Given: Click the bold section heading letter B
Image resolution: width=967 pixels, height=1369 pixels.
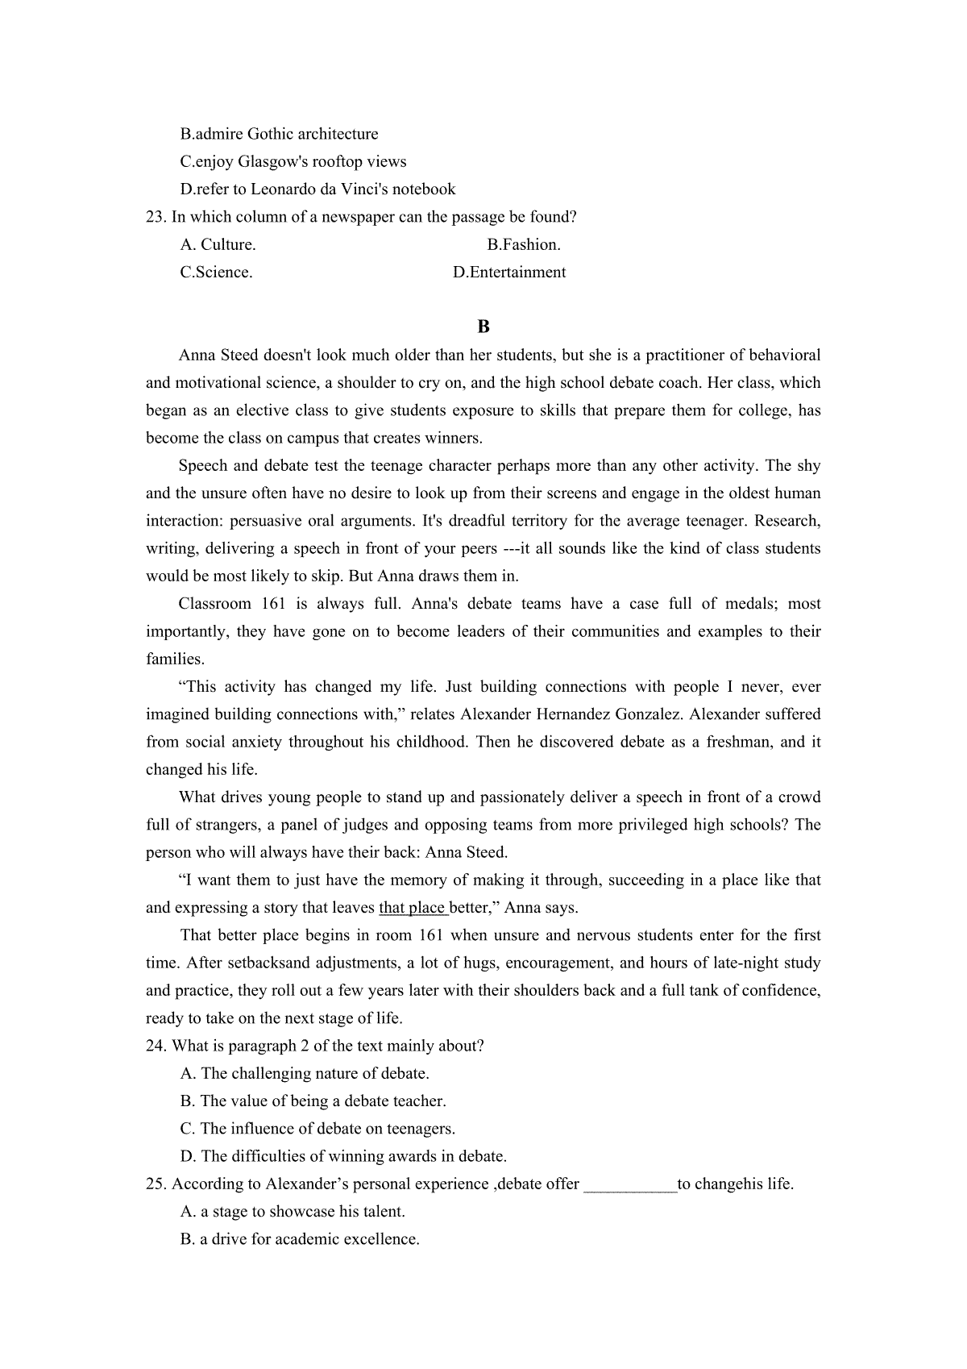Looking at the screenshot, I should click(x=483, y=327).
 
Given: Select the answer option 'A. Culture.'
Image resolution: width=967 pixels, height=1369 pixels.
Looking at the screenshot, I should click(x=218, y=244).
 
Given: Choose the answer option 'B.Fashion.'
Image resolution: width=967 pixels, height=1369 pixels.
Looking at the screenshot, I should click(x=524, y=244).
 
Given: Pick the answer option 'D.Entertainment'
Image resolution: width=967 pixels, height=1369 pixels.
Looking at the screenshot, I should click(x=509, y=272).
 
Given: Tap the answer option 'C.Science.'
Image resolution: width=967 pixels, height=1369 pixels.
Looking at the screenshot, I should click(x=216, y=272).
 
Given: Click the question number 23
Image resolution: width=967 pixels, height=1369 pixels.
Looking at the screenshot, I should click(x=156, y=217).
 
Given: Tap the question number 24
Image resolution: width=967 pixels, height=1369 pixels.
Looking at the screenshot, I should click(x=156, y=1046).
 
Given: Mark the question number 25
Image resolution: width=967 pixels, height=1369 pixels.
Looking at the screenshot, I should click(x=156, y=1184).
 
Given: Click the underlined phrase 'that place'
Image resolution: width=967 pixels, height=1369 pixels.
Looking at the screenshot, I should click(x=413, y=908).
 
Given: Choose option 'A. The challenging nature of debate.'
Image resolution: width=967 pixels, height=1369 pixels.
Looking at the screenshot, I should click(x=305, y=1073).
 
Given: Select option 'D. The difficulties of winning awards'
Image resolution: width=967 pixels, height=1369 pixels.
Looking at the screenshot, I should click(x=343, y=1156).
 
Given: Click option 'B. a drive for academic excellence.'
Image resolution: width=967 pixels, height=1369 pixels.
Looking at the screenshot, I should click(x=300, y=1239).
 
